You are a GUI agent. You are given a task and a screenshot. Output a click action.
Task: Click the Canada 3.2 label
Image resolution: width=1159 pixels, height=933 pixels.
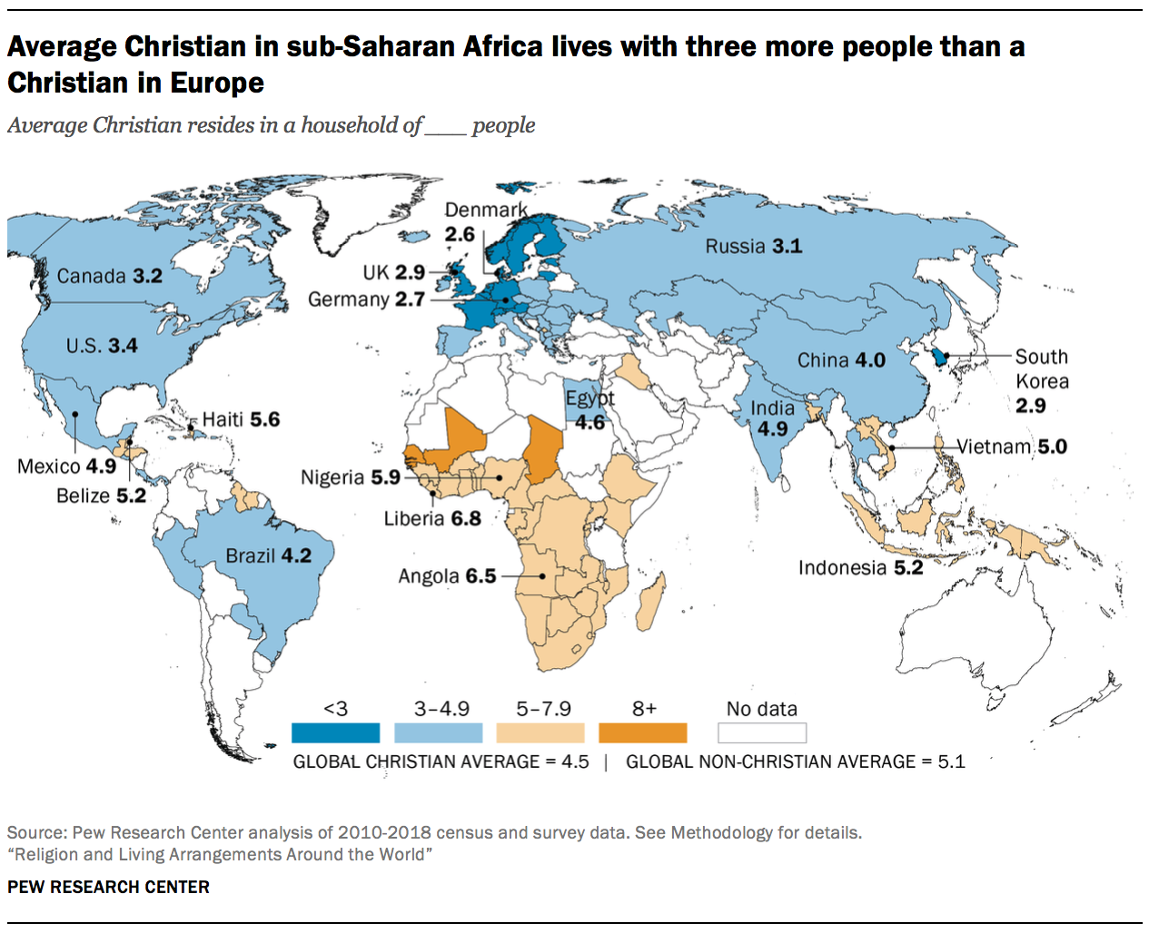tap(109, 276)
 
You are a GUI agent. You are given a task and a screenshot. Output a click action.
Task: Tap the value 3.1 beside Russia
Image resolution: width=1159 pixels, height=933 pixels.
tap(787, 246)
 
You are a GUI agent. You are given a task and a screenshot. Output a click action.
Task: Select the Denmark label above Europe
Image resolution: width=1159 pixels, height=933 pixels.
tap(485, 210)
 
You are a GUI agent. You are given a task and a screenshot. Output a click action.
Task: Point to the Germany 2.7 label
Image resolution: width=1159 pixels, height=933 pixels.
tap(366, 300)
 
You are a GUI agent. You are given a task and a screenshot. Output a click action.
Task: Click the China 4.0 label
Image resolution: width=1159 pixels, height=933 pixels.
tap(841, 360)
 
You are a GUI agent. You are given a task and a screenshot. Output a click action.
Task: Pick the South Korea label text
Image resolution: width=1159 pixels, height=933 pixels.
tap(1042, 369)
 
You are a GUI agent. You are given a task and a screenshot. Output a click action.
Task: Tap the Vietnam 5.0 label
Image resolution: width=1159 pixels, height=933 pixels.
tap(1012, 447)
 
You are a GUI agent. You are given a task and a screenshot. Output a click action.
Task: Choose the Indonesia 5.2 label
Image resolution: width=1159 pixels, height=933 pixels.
tap(860, 567)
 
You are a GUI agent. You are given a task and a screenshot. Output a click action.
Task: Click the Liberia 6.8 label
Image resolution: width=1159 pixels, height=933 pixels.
tap(432, 518)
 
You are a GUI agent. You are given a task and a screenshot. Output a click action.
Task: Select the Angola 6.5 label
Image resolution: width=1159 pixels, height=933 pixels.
tap(447, 576)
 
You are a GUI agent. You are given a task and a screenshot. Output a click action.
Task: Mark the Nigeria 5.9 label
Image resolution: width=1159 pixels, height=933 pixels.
tap(351, 477)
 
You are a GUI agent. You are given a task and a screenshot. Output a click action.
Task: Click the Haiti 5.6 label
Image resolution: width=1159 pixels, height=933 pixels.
tap(241, 419)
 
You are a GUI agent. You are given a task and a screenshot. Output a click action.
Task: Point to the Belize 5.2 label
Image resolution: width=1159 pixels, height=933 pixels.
tap(101, 496)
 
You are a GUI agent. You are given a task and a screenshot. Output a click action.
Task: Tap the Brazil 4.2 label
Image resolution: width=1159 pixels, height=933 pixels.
tap(268, 555)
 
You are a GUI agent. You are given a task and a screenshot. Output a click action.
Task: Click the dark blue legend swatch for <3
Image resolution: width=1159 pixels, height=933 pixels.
tap(335, 732)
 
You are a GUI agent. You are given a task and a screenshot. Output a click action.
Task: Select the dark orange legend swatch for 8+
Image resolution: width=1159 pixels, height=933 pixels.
tap(643, 732)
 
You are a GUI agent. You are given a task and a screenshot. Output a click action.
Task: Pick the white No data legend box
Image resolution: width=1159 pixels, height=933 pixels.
tap(761, 732)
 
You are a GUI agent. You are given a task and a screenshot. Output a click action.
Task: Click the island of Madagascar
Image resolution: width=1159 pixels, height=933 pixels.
tap(650, 600)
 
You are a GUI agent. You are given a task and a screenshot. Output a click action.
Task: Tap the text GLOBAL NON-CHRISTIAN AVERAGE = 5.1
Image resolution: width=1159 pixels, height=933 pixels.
tap(795, 761)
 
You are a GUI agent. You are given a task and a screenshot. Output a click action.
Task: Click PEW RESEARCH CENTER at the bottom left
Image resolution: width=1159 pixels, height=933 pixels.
tap(108, 887)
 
